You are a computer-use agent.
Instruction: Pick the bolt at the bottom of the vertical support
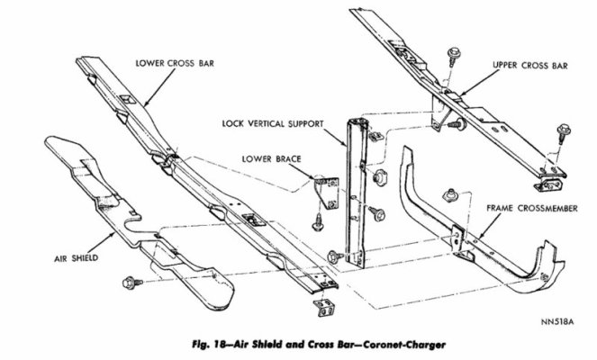pos(336,256)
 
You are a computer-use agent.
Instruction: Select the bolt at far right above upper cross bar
pos(564,130)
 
